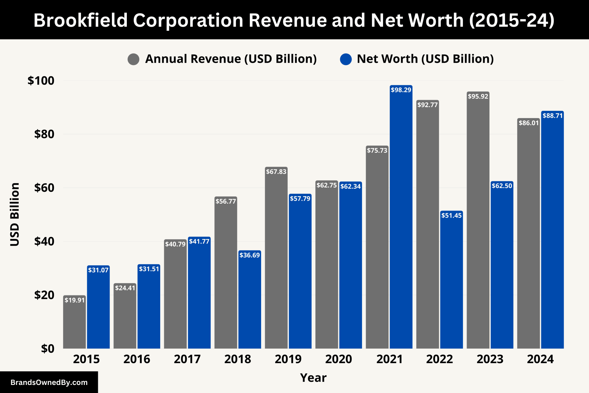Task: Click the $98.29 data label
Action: [401, 90]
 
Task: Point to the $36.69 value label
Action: [250, 255]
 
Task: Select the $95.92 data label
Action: [478, 96]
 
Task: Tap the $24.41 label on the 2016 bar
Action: [125, 288]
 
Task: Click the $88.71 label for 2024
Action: [552, 116]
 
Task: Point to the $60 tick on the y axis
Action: [44, 188]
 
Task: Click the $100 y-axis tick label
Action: [41, 81]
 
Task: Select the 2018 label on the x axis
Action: [238, 359]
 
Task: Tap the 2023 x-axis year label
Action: [490, 359]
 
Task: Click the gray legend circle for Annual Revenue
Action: [133, 59]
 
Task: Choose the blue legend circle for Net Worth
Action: [346, 59]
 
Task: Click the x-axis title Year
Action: [313, 378]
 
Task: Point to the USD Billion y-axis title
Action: [15, 214]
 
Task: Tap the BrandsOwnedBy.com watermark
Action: [49, 382]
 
